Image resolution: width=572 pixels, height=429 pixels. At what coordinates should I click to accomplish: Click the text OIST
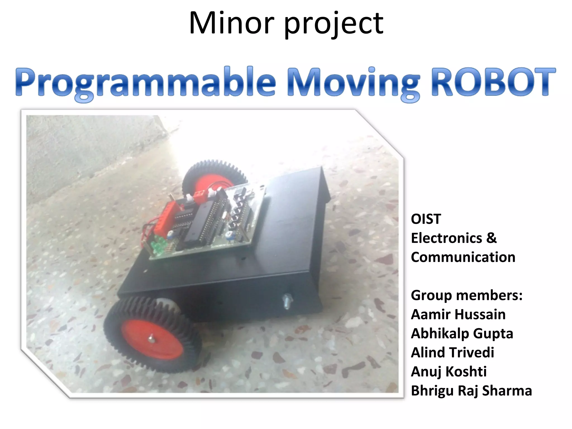click(426, 219)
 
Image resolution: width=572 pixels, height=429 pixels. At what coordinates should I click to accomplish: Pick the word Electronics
click(446, 238)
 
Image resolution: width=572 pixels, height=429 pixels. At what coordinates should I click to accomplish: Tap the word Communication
click(463, 257)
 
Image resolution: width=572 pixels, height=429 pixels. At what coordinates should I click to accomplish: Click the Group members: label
click(466, 295)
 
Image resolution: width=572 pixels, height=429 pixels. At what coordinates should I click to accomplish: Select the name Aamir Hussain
click(458, 314)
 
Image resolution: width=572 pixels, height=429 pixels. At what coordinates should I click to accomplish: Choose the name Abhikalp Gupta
click(462, 333)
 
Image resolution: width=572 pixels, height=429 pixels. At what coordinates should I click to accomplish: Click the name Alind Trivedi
click(452, 352)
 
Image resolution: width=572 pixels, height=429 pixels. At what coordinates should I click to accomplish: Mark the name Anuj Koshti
click(449, 371)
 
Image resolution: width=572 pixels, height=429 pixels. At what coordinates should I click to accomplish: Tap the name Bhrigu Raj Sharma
click(471, 390)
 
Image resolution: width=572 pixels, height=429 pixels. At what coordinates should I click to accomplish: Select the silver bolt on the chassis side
click(287, 301)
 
